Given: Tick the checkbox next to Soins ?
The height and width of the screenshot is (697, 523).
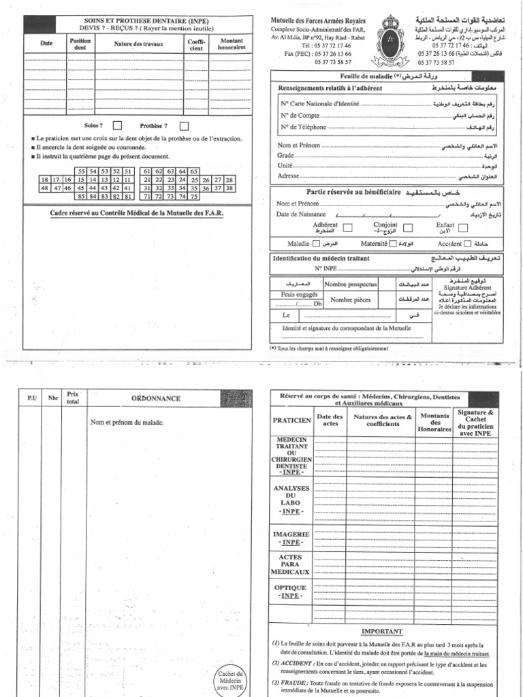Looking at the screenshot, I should coord(117,125).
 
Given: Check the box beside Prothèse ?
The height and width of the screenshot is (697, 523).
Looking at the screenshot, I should coord(184,125).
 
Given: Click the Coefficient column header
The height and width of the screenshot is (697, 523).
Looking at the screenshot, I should coord(195,46).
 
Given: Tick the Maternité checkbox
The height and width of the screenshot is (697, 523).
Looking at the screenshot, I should coord(392,244).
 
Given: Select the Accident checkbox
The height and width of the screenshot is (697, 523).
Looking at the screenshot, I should coord(469,244).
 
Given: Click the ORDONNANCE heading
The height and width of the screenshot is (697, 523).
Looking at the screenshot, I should coord(155,398).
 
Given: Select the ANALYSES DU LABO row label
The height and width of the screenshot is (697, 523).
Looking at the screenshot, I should coord(291,498).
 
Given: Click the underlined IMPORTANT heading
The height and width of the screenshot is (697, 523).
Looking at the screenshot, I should coord(382,632).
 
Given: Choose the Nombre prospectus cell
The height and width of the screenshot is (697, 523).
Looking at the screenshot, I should coord(350,283).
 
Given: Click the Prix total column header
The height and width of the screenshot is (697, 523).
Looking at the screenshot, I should coord(74,398).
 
